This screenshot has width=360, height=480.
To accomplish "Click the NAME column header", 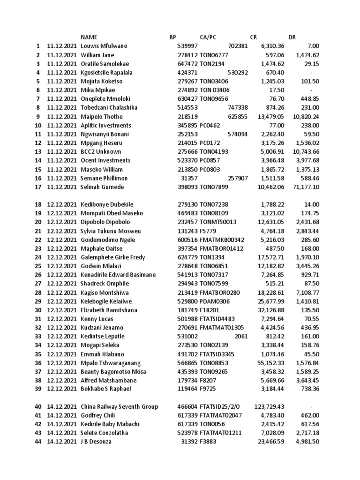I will click(90, 37).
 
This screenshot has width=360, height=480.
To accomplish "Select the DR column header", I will click(292, 37).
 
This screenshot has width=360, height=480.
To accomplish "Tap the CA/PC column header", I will click(208, 37).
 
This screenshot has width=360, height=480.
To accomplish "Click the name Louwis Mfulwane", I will click(104, 46).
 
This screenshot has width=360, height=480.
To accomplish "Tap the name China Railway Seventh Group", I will click(119, 406).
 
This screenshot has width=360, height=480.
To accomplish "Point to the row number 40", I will click(37, 406).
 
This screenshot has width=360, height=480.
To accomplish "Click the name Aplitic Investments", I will click(106, 125).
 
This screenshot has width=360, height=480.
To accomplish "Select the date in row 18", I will click(61, 204).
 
